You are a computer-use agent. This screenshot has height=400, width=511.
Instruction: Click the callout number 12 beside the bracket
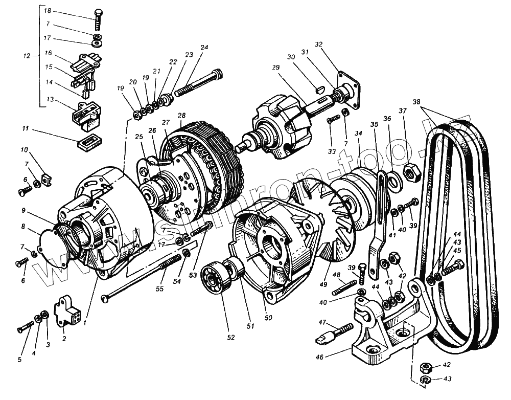coord(27,56)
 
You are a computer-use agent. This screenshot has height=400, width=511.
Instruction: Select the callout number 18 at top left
coord(48,10)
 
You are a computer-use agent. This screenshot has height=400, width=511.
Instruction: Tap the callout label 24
coord(204,48)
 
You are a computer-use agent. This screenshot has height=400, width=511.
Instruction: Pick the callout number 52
coord(231,337)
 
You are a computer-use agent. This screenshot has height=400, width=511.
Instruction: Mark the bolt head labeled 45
coord(458,265)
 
